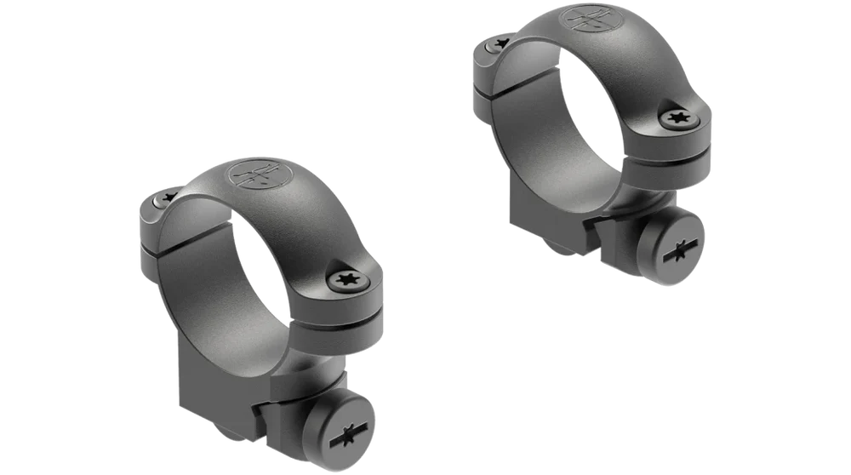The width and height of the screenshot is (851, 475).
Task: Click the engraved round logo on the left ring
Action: tap(259, 174)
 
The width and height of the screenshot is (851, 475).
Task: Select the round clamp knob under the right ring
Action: tap(677, 249)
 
